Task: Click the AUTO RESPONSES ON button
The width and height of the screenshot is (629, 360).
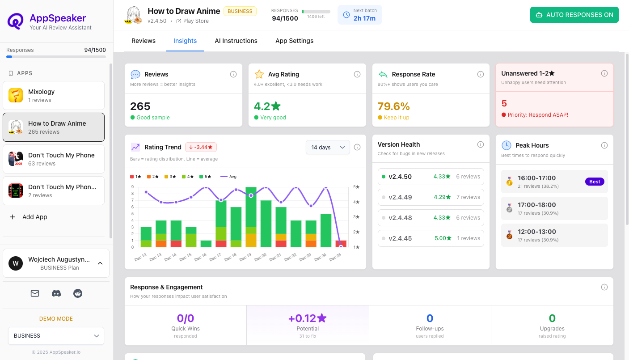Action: tap(574, 15)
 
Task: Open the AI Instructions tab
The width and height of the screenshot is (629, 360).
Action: tap(236, 41)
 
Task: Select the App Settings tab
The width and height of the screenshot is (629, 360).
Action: tap(294, 41)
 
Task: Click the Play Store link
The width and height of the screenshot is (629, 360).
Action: tap(193, 21)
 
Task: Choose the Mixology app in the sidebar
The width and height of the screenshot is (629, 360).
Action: tap(54, 95)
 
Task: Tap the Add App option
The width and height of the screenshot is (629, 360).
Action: tap(34, 217)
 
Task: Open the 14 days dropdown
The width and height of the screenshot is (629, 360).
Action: tap(328, 147)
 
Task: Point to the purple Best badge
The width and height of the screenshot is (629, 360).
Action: tap(595, 182)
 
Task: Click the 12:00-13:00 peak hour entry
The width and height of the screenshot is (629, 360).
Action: tap(554, 235)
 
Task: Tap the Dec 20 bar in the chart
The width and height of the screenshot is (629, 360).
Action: tap(266, 224)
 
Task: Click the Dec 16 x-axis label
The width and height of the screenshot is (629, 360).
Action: tap(201, 257)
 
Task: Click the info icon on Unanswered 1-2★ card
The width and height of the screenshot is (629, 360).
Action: tap(604, 73)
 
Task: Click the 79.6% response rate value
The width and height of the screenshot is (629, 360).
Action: tap(393, 106)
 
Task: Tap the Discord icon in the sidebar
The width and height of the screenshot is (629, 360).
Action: tap(56, 293)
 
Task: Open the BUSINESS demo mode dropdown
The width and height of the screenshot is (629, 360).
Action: tap(56, 336)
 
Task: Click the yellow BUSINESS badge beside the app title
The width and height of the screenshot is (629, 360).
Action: tap(240, 11)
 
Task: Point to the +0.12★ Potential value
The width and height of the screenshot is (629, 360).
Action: tap(308, 318)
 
